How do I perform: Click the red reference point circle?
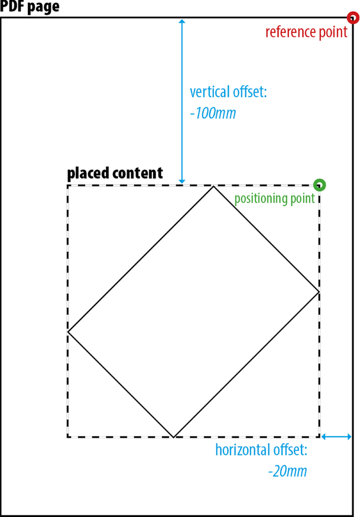coord(353,18)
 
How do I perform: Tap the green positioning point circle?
coord(320,185)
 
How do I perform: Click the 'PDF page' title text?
coord(30,8)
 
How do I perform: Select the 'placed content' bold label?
coord(115,173)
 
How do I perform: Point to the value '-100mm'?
coord(213,113)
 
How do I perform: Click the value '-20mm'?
coord(287,471)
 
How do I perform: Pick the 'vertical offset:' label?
coord(228,93)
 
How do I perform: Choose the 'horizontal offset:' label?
coord(261,450)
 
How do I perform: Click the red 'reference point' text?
coord(306,32)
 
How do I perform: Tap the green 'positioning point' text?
coord(275,199)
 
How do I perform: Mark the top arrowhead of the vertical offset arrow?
coord(182,22)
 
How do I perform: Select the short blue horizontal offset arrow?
coord(336,437)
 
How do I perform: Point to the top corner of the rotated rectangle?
coord(213,186)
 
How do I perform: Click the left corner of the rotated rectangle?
coord(69,332)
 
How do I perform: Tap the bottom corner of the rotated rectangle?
coord(173,437)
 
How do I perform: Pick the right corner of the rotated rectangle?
coord(319,292)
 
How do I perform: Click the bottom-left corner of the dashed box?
coord(68,437)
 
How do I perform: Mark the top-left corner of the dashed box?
coord(68,186)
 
